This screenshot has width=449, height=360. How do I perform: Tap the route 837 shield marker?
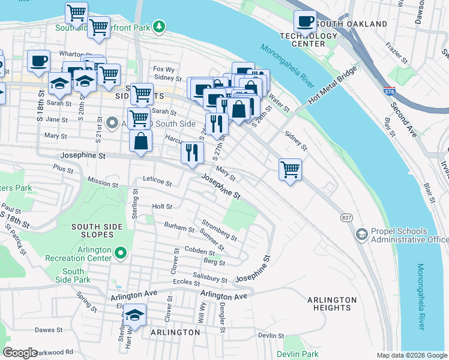346,217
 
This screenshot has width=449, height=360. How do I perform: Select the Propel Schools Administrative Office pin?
361,233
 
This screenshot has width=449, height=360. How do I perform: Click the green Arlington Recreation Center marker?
121,254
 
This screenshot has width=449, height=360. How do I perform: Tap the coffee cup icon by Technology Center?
305,22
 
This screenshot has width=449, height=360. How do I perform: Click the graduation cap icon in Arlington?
135,316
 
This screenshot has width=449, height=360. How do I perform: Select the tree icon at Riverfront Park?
158,26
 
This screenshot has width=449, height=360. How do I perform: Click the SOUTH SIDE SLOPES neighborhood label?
97,230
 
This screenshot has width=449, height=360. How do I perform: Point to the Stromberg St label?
219,230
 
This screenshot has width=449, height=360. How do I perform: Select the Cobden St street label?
200,252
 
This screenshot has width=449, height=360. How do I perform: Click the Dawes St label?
49,330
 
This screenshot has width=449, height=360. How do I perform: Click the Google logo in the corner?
20,353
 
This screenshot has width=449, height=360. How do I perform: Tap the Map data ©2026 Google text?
412,355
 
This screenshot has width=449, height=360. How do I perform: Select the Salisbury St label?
210,278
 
